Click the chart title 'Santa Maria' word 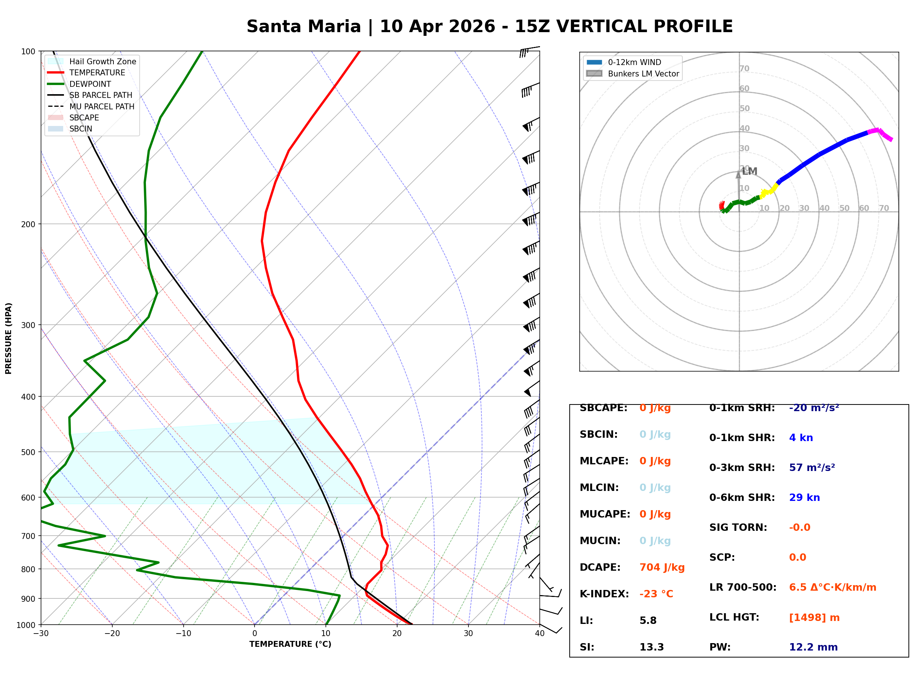(304, 27)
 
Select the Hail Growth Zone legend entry (102, 61)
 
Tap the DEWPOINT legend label (90, 84)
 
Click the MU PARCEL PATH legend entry (102, 106)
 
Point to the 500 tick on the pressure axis (28, 452)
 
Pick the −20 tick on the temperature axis (112, 634)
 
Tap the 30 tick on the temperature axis (468, 634)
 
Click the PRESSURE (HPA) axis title (8, 338)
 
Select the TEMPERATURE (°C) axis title (290, 644)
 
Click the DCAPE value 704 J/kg (662, 567)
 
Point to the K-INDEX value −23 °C (656, 594)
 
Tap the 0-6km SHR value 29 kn (804, 498)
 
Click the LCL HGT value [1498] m (814, 618)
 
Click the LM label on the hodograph (750, 171)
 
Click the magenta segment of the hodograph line (880, 133)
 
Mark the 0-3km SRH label (742, 468)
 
